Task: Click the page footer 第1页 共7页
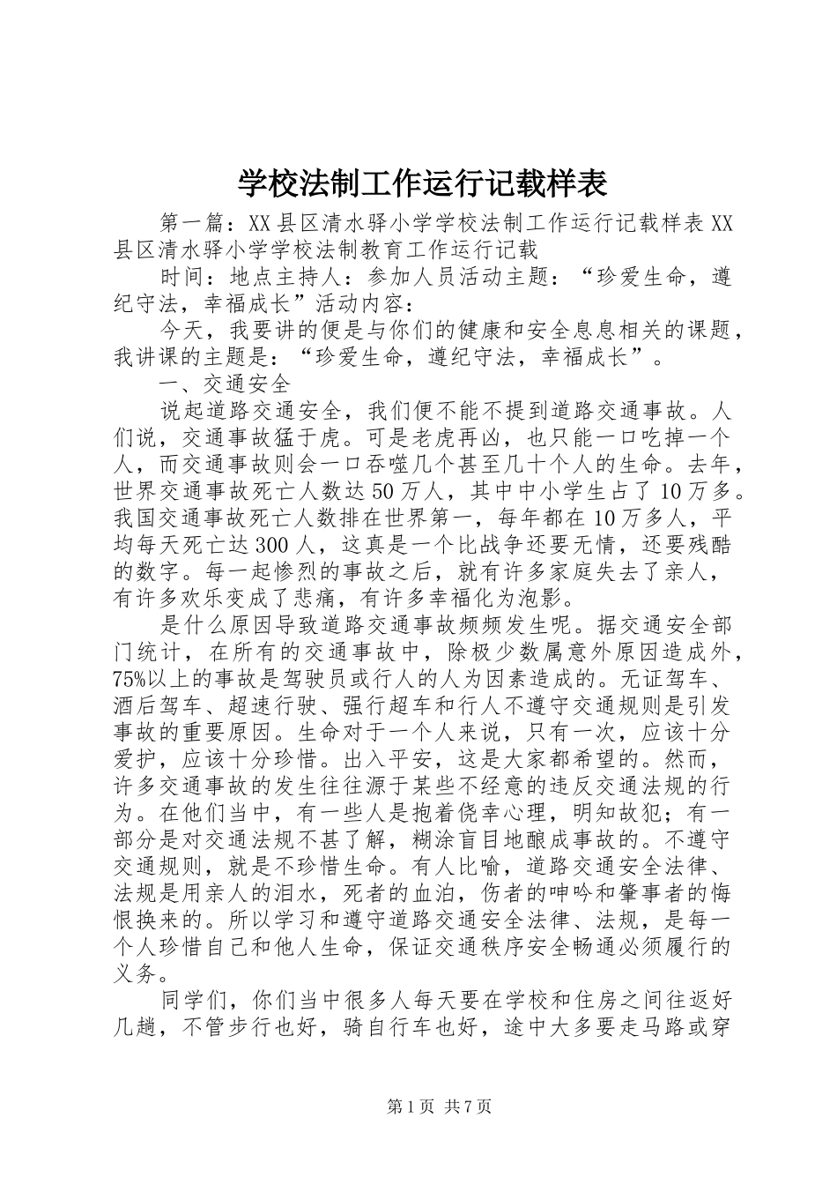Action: [418, 1107]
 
